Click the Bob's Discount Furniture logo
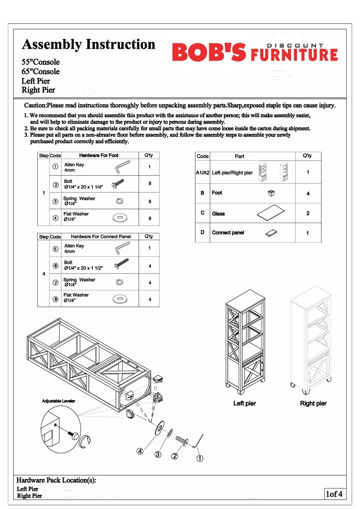(x=255, y=53)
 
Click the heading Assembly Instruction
(x=89, y=44)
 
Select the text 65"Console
(x=41, y=72)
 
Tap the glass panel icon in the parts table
(x=271, y=213)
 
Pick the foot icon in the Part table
(x=271, y=193)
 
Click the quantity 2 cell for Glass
(x=308, y=213)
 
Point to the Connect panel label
(x=228, y=233)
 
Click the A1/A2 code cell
(x=202, y=173)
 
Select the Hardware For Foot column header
(x=99, y=155)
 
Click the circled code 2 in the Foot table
(x=56, y=185)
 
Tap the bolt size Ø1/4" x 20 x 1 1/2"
(x=83, y=268)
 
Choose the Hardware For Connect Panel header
(x=101, y=237)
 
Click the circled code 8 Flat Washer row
(x=56, y=299)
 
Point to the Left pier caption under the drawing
(x=244, y=403)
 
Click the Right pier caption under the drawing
(x=313, y=403)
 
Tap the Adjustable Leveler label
(x=58, y=401)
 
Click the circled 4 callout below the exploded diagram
(x=140, y=451)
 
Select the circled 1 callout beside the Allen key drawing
(x=200, y=458)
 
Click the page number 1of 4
(x=334, y=494)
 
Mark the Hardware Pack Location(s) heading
(x=56, y=480)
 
